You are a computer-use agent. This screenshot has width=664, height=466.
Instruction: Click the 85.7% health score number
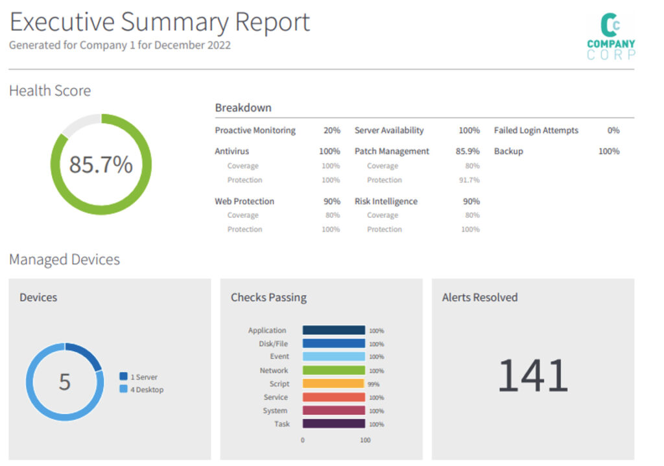pyautogui.click(x=101, y=165)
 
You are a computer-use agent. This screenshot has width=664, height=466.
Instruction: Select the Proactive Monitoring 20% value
pyautogui.click(x=331, y=130)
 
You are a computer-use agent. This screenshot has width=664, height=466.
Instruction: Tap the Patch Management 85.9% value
pyautogui.click(x=468, y=151)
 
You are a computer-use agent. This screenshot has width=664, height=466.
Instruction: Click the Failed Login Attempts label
pyautogui.click(x=536, y=130)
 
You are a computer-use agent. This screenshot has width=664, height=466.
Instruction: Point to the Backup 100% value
pyautogui.click(x=608, y=151)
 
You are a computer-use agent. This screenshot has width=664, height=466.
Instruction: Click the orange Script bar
pyautogui.click(x=333, y=384)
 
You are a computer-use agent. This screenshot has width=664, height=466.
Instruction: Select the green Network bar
pyautogui.click(x=333, y=370)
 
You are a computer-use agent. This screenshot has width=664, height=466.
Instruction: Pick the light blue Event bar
pyautogui.click(x=333, y=356)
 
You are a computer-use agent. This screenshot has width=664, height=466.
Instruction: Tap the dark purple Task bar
pyautogui.click(x=333, y=424)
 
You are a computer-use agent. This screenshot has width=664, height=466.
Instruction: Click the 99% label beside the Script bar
pyautogui.click(x=374, y=384)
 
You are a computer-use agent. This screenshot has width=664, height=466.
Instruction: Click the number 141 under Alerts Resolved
pyautogui.click(x=532, y=377)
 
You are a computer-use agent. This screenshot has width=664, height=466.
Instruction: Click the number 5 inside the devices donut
pyautogui.click(x=65, y=382)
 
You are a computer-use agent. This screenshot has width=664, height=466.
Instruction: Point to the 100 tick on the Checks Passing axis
pyautogui.click(x=365, y=440)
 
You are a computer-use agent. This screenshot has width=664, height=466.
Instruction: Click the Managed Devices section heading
pyautogui.click(x=64, y=260)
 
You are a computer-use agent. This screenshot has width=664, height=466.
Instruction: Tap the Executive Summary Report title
pyautogui.click(x=160, y=22)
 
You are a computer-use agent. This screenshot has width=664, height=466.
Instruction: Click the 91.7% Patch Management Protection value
pyautogui.click(x=469, y=180)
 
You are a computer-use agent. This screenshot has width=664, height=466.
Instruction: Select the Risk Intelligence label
pyautogui.click(x=385, y=202)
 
